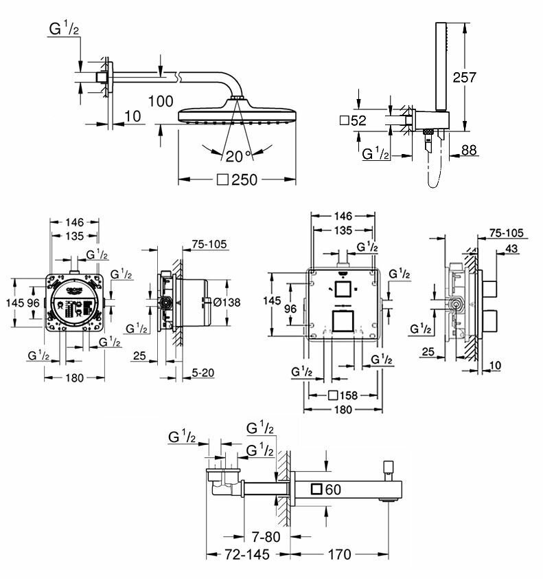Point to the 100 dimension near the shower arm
click(160, 101)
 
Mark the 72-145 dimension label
click(244, 554)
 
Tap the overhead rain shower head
click(237, 112)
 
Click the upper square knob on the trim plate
click(343, 289)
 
